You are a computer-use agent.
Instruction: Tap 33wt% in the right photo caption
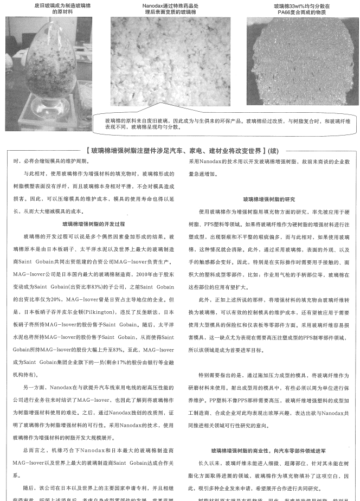[299, 5]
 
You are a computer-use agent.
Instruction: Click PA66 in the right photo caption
[279, 11]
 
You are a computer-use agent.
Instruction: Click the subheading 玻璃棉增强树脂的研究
[269, 199]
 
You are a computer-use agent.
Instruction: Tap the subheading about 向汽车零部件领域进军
[269, 450]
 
